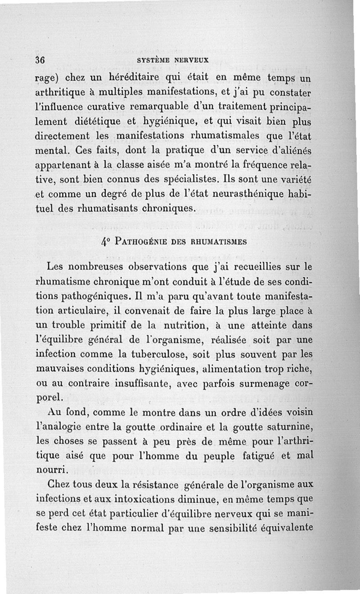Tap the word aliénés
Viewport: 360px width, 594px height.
(x=295, y=151)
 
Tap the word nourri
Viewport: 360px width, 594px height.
(x=50, y=471)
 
